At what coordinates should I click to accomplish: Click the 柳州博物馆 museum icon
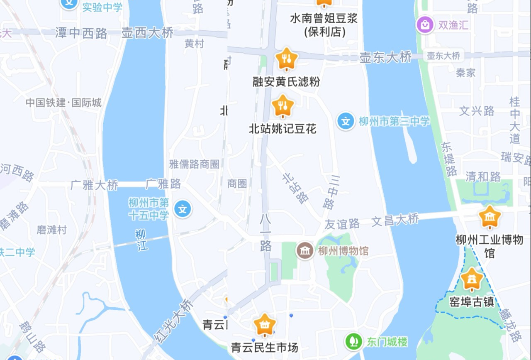point(305,250)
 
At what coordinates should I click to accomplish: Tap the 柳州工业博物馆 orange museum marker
point(490,217)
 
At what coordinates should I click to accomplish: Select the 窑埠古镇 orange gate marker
point(472,280)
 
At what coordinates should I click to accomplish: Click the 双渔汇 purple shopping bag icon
point(425,25)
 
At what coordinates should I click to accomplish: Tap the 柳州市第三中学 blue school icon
point(346,122)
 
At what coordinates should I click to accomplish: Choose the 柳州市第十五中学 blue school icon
point(183,208)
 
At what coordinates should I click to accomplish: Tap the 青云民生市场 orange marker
point(265,325)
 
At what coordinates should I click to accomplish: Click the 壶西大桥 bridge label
point(147,33)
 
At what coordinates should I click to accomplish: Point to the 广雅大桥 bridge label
point(94,185)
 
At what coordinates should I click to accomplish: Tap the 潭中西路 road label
point(81,33)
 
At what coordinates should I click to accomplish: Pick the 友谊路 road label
point(342,224)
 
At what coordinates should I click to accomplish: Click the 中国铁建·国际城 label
point(63,103)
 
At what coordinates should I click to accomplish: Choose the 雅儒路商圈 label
point(194,164)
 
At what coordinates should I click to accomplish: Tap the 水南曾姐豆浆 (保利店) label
point(324,24)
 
